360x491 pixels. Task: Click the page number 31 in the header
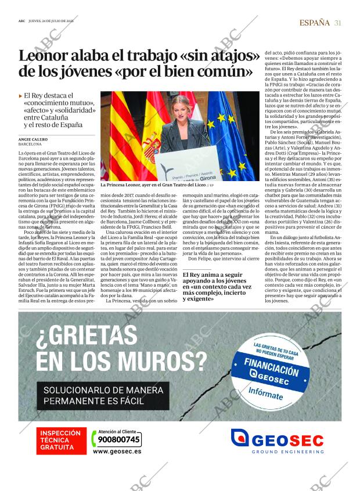(337, 23)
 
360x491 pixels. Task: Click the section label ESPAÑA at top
(314, 23)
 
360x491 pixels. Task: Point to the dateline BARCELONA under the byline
(30, 145)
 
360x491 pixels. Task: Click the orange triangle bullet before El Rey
(21, 95)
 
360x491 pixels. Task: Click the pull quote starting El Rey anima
(217, 287)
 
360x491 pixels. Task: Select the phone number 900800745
(116, 439)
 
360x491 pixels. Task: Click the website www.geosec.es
(116, 451)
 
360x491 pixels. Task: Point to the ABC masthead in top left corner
(21, 23)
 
